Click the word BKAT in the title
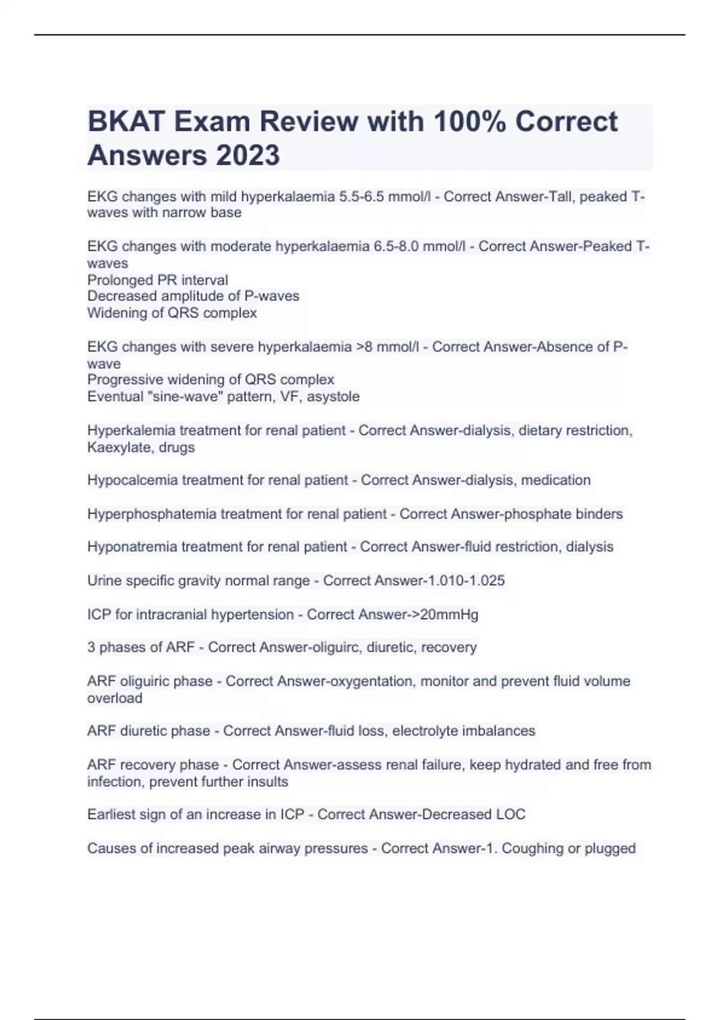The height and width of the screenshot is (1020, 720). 125,122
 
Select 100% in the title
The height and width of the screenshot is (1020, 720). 469,122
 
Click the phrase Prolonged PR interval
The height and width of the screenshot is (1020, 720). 157,280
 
